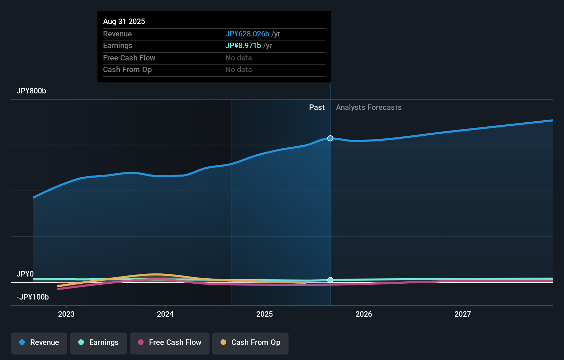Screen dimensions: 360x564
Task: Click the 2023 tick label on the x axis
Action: [x=66, y=314]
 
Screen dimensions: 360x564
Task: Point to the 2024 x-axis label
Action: [x=165, y=314]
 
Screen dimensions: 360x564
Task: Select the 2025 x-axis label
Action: [x=264, y=314]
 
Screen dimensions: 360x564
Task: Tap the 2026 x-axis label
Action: [x=364, y=314]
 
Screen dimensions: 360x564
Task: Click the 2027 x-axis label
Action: [x=463, y=314]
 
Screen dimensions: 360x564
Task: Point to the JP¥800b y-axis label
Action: [x=31, y=91]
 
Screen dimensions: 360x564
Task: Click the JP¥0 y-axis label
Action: [x=25, y=274]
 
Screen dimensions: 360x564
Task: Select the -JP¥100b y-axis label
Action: [x=33, y=297]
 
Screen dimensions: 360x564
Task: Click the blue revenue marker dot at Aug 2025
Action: [x=330, y=138]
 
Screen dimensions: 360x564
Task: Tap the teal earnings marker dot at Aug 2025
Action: [x=330, y=280]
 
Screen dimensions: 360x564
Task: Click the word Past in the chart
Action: [x=317, y=108]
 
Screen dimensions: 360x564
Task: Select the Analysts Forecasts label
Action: [x=369, y=108]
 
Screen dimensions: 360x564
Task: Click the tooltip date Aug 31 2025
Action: [x=124, y=21]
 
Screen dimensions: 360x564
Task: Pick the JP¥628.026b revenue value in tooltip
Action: [x=247, y=34]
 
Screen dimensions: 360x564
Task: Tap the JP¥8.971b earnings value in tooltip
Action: [x=243, y=45]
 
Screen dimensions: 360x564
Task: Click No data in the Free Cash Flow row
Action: [x=239, y=58]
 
